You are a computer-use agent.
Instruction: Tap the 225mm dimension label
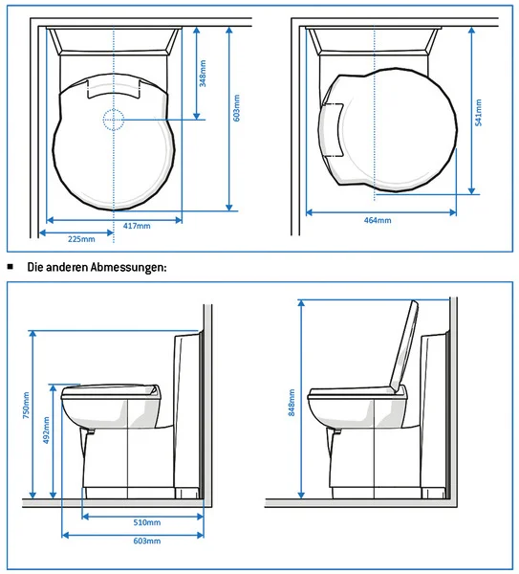82,238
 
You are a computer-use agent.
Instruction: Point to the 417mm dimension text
138,226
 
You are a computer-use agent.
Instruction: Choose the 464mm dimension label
378,221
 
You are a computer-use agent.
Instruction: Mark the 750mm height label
26,407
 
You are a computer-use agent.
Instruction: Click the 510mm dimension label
146,523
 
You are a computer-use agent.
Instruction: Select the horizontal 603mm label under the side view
146,541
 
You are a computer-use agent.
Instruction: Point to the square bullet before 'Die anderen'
11,267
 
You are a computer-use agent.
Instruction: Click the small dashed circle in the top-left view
113,120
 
